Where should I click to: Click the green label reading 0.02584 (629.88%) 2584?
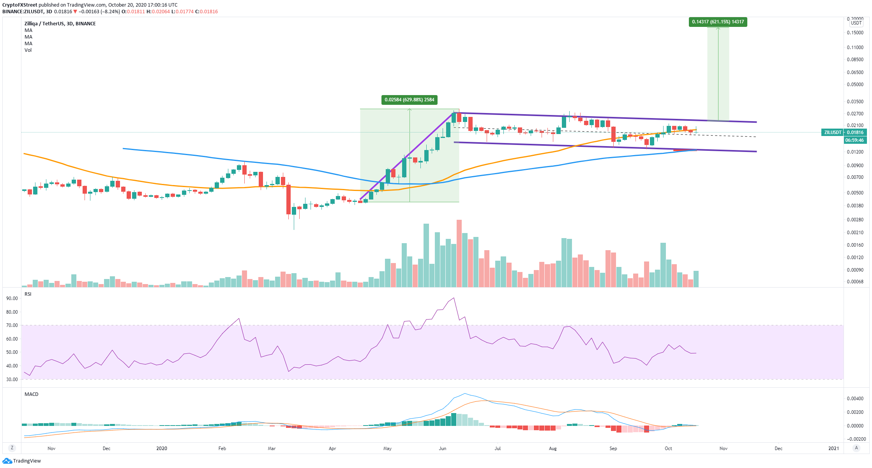(x=409, y=100)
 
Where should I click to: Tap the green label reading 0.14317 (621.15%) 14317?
(x=718, y=22)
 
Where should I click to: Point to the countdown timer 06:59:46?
(x=854, y=140)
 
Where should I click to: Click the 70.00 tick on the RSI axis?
(x=12, y=325)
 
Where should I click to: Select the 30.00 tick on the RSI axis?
(x=12, y=380)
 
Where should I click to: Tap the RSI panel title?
(x=28, y=294)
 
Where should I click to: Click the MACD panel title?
(x=32, y=394)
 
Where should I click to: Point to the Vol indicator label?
(x=28, y=50)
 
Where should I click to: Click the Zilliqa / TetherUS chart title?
(x=60, y=24)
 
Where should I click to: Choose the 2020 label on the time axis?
(x=162, y=449)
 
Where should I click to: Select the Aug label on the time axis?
(x=553, y=449)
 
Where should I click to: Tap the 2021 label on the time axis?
(x=833, y=449)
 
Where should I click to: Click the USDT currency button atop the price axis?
(x=856, y=23)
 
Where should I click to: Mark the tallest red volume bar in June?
(x=459, y=253)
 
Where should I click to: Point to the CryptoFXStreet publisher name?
(x=20, y=5)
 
